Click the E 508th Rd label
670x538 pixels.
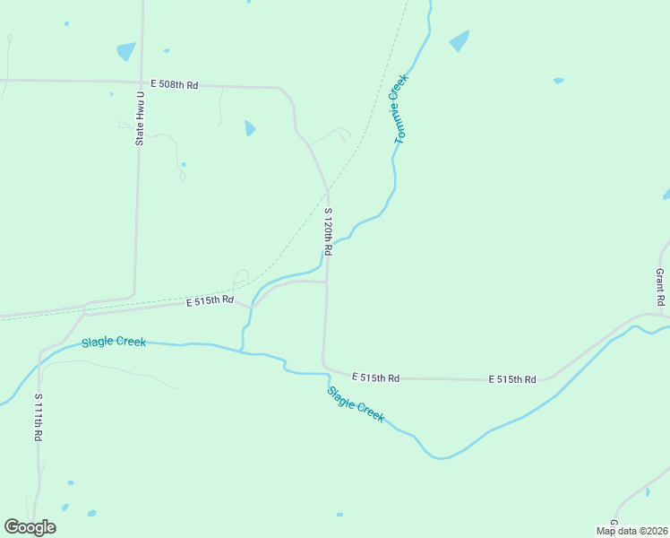174,84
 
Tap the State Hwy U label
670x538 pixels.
140,118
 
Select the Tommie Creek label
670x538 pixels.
401,108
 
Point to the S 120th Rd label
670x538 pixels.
329,231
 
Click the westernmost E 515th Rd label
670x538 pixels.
210,301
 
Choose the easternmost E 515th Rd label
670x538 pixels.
512,379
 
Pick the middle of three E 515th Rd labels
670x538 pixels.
375,377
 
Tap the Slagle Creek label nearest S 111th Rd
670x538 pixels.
114,343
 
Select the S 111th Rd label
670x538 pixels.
39,416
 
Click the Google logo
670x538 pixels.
30,527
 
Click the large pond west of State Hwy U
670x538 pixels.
125,51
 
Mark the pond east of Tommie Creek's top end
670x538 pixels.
460,40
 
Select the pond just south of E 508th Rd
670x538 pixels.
250,128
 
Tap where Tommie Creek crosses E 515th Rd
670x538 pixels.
253,305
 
